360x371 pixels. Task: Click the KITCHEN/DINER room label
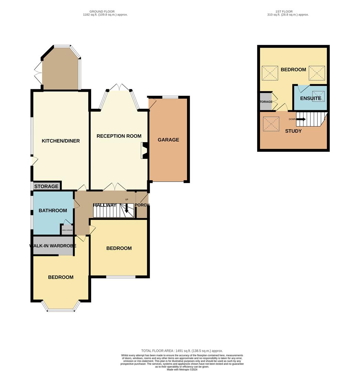click(61, 141)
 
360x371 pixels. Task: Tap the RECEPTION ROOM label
click(119, 136)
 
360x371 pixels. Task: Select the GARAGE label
click(168, 140)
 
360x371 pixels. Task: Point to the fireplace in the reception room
click(144, 151)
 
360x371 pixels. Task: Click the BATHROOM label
click(53, 211)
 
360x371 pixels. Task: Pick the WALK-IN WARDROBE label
click(53, 246)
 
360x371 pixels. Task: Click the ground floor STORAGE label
click(46, 187)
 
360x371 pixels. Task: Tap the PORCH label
click(142, 205)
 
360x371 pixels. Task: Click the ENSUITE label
click(310, 99)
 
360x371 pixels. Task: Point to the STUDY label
click(293, 131)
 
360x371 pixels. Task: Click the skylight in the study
click(271, 124)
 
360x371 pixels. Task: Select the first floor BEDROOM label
click(293, 70)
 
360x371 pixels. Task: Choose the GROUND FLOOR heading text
click(105, 11)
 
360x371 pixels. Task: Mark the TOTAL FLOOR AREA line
click(182, 351)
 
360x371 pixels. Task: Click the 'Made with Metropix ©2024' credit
click(182, 369)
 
